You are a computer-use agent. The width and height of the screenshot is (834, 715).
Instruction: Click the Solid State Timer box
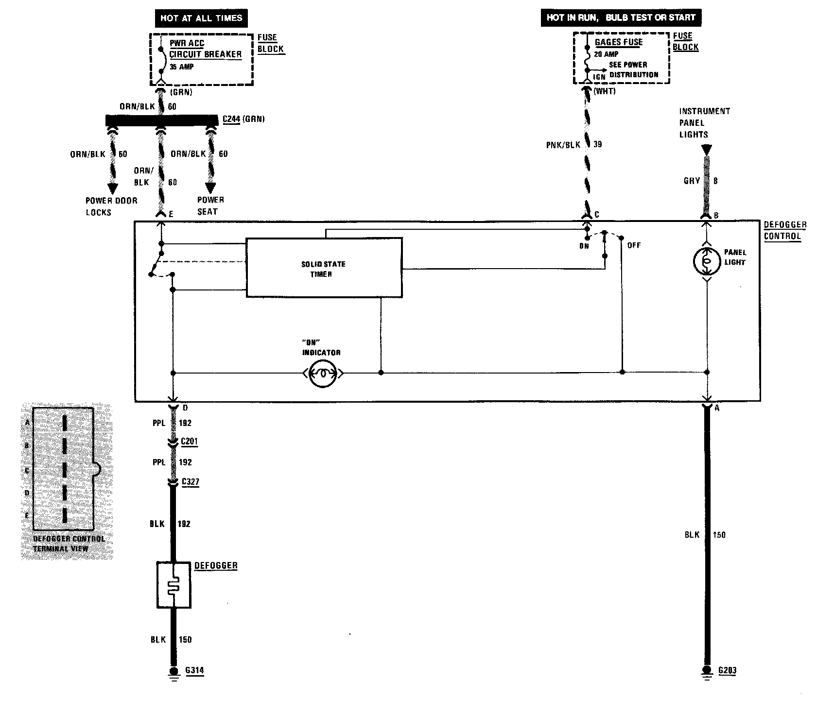[x=324, y=268]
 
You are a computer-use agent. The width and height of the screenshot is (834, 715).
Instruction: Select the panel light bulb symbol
[x=707, y=261]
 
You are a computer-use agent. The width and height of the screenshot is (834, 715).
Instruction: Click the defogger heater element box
[x=174, y=585]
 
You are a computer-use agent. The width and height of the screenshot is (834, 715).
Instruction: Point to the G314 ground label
[x=194, y=671]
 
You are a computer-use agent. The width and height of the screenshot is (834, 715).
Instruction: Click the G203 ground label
[x=727, y=671]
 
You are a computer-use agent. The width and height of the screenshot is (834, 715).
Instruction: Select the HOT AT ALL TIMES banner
[x=201, y=18]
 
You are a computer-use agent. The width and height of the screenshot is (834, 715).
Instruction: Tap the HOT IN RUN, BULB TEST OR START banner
[x=621, y=17]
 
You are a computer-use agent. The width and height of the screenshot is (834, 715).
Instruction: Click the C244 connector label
[x=231, y=119]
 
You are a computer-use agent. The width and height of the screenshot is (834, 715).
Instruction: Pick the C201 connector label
[x=189, y=442]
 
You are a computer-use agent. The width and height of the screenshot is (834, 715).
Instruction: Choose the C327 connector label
[x=190, y=482]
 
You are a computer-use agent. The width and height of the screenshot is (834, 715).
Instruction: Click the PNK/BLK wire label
[x=563, y=145]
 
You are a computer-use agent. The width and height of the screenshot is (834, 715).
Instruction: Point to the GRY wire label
[x=691, y=181]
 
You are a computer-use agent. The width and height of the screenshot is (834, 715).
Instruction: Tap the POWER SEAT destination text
[x=210, y=205]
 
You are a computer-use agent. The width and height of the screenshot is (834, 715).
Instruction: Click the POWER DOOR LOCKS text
[x=111, y=206]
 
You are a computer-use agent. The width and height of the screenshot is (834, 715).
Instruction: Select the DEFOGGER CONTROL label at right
[x=784, y=231]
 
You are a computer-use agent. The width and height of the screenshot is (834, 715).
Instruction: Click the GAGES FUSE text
[x=618, y=42]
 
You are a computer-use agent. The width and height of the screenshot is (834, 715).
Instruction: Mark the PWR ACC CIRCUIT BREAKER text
[x=205, y=49]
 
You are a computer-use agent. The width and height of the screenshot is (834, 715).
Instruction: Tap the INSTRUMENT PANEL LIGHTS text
[x=704, y=123]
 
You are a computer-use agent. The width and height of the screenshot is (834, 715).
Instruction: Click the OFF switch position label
[x=634, y=245]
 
